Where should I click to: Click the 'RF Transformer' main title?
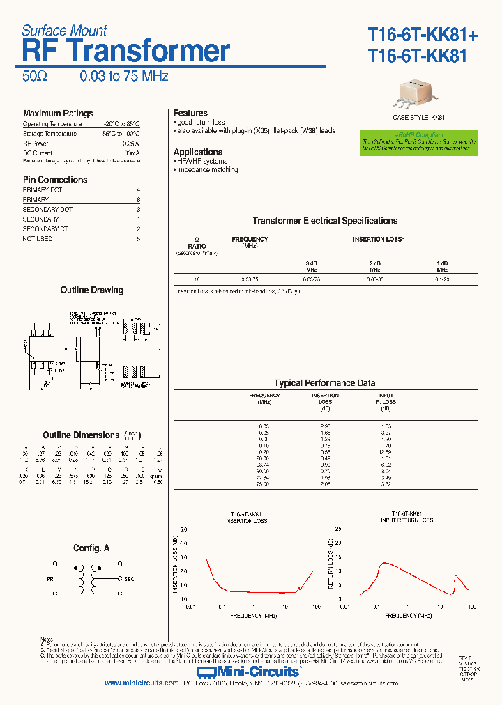click(126, 52)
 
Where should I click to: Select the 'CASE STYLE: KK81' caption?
click(418, 118)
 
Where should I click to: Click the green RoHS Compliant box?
click(418, 141)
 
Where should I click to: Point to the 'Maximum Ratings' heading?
click(58, 114)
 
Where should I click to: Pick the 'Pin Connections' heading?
click(55, 180)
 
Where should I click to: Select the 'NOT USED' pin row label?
click(38, 239)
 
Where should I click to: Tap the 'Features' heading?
click(190, 114)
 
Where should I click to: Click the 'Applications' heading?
click(198, 153)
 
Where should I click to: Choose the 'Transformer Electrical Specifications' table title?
click(325, 221)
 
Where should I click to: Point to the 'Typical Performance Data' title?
click(325, 383)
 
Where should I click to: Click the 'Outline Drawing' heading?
click(91, 290)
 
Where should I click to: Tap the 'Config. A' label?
click(91, 548)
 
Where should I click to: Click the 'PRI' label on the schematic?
click(52, 578)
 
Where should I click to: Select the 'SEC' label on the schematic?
click(129, 578)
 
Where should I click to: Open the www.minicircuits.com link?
click(142, 683)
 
